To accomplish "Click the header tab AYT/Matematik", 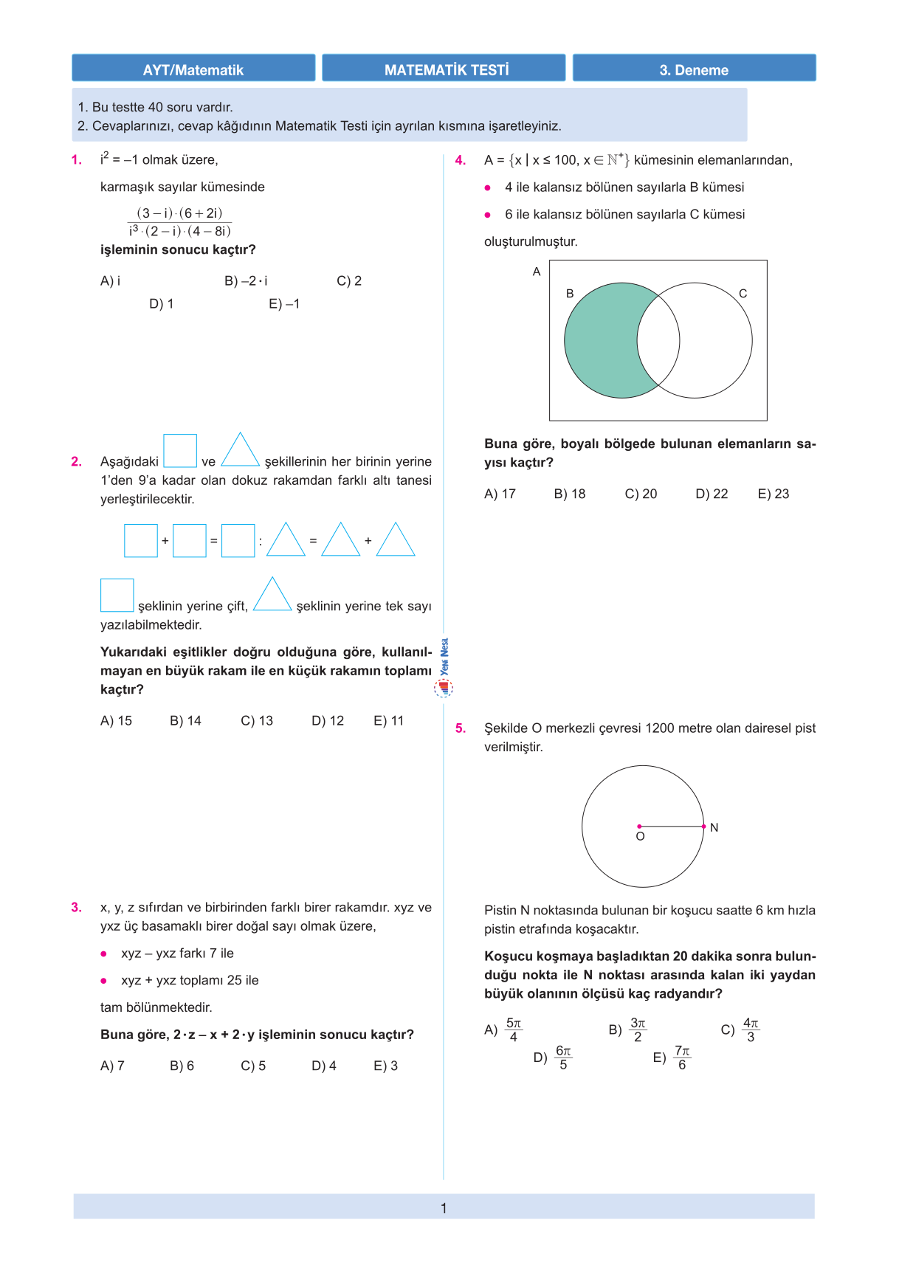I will [193, 70].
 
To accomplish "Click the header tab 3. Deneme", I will [694, 70].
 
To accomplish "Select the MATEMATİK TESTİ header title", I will [447, 70].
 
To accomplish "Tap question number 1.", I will [77, 160].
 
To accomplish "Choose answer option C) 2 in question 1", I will [349, 281].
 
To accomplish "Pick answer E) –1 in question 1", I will [284, 304].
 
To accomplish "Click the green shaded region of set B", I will [599, 341].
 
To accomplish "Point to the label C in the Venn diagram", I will [743, 294].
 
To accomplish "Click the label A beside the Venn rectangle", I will [537, 272].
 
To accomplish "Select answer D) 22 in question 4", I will [712, 494].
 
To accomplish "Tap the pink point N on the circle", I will [704, 827].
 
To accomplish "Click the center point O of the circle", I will [639, 827].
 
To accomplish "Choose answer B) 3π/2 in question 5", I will [628, 1030].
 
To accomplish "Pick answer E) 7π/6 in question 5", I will [672, 1058].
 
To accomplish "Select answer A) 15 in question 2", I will [116, 721].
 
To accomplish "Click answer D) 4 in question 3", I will [324, 1066].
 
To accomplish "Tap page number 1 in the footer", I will [444, 1208].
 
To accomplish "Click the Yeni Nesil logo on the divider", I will [444, 668].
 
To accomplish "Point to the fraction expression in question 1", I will [179, 222].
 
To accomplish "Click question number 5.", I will [461, 728].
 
